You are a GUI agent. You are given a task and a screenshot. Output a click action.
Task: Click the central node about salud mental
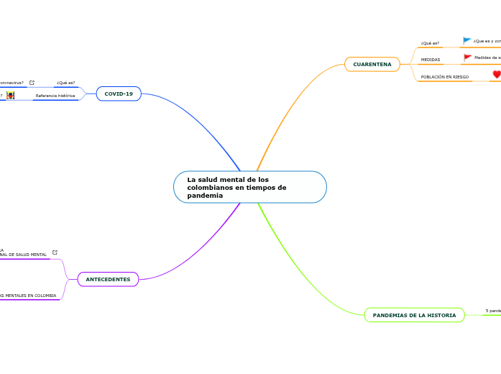[x=249, y=187]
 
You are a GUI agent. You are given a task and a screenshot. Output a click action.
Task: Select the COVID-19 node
[x=119, y=93]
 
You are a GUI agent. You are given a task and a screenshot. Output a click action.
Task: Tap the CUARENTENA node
[x=372, y=65]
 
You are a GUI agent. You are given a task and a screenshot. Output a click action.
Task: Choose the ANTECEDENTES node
[x=108, y=278]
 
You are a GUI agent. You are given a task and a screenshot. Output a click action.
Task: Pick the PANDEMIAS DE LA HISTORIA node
[x=414, y=315]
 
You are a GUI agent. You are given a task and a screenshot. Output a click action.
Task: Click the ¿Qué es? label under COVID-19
[x=65, y=83]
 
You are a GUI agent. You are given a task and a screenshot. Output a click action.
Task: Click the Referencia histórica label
[x=55, y=96]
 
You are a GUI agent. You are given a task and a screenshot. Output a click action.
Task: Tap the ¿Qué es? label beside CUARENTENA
[x=430, y=43]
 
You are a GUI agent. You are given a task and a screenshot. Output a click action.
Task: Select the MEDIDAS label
[x=430, y=60]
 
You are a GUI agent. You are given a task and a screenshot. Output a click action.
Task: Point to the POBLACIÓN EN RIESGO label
[x=444, y=76]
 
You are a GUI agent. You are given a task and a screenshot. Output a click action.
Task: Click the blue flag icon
[x=467, y=41]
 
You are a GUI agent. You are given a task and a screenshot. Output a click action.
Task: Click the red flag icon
[x=467, y=58]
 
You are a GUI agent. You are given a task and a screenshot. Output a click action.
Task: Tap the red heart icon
[x=496, y=74]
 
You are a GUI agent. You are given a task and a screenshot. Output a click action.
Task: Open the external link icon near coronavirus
[x=32, y=83]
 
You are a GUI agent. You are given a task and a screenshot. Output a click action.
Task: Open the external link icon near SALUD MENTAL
[x=55, y=252]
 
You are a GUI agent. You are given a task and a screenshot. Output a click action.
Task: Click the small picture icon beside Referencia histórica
[x=10, y=95]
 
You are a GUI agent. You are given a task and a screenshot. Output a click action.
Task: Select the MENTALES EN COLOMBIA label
[x=29, y=295]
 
